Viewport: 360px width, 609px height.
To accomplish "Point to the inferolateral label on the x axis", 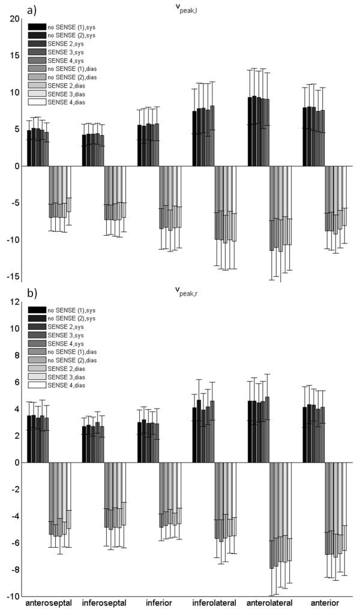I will [213, 602].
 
